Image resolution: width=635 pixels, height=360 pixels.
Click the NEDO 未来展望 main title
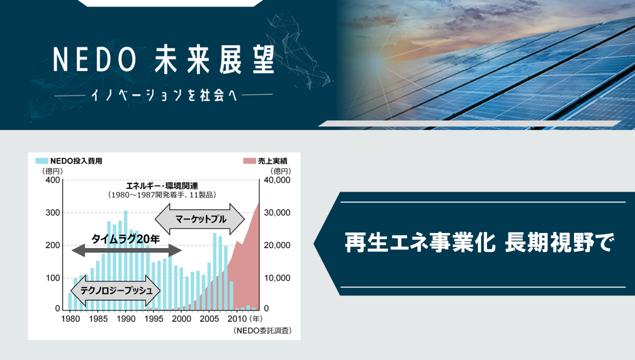click(x=163, y=60)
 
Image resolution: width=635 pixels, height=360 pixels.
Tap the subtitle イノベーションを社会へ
click(x=164, y=95)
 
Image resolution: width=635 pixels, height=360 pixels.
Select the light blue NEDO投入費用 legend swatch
click(x=42, y=160)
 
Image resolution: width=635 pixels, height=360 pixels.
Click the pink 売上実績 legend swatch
click(x=249, y=161)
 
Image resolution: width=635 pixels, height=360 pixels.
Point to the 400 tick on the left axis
click(x=52, y=180)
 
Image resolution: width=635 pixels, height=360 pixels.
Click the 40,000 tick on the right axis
click(x=277, y=180)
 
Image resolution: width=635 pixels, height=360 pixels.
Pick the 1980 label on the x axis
click(x=70, y=319)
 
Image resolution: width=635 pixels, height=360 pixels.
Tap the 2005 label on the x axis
click(x=209, y=319)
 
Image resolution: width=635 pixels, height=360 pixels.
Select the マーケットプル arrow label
click(x=200, y=219)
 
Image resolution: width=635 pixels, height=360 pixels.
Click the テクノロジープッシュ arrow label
click(x=116, y=290)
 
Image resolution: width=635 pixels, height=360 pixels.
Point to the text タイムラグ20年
click(x=125, y=239)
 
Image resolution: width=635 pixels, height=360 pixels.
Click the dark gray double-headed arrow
click(x=126, y=250)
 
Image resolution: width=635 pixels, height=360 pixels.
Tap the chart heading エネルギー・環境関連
click(x=162, y=186)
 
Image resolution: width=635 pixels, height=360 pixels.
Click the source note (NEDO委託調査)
click(x=262, y=330)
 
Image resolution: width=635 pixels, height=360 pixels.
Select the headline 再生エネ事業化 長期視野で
click(x=479, y=242)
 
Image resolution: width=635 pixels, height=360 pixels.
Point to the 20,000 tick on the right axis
click(x=277, y=245)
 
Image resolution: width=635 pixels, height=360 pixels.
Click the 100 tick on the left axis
click(x=52, y=278)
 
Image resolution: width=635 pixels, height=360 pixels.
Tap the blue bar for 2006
click(x=214, y=271)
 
